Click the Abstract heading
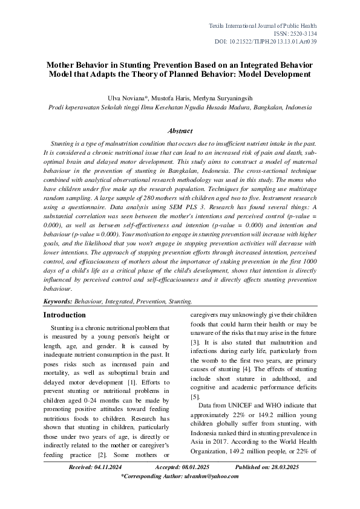click(x=180, y=131)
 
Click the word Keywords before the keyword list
click(x=57, y=300)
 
